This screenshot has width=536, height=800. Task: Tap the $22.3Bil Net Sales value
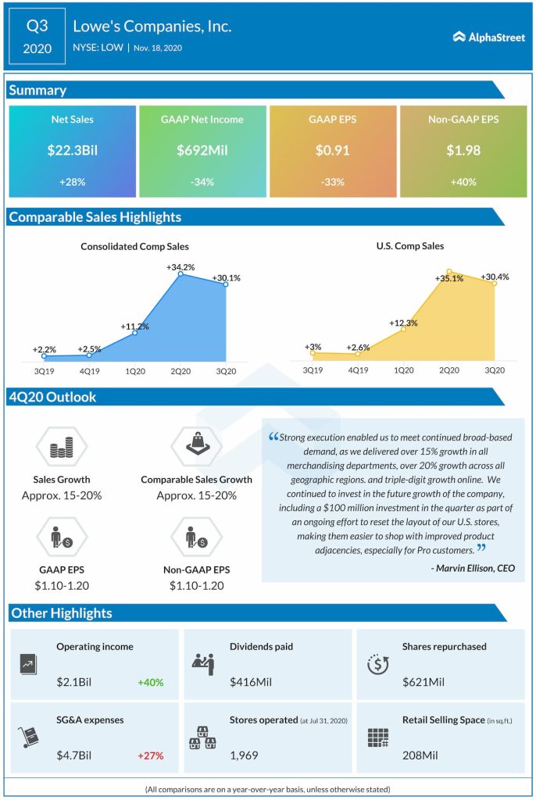[72, 151]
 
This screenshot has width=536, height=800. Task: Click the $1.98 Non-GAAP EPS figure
[463, 151]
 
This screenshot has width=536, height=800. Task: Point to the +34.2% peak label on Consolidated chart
[180, 267]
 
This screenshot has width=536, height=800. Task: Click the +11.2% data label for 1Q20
[134, 327]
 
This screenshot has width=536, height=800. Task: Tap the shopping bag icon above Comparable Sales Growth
[196, 446]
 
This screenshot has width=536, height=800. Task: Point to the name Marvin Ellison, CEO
[473, 568]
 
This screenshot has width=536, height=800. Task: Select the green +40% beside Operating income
[151, 682]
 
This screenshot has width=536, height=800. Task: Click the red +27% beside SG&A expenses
[151, 755]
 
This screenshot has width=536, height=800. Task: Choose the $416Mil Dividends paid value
[250, 682]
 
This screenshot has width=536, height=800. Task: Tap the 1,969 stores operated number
[244, 755]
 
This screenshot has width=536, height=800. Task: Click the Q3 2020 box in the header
[38, 37]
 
